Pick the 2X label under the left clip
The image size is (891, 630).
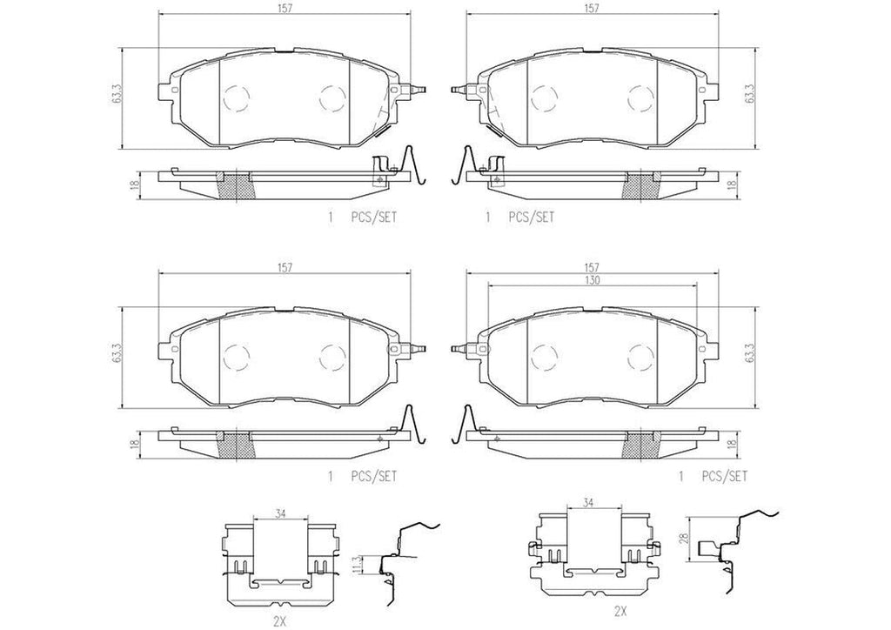(x=278, y=621)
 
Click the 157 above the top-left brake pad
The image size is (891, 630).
(x=284, y=8)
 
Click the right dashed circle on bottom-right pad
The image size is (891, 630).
(x=641, y=357)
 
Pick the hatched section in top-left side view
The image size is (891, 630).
(x=235, y=184)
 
